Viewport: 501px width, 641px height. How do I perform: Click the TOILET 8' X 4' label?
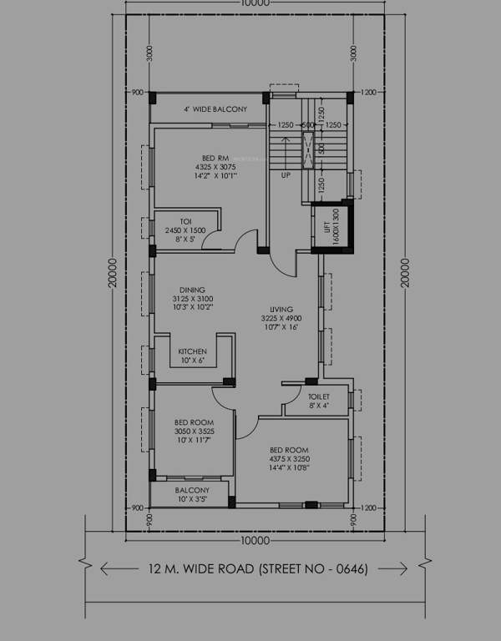point(319,401)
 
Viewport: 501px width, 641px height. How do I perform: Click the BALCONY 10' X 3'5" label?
point(192,495)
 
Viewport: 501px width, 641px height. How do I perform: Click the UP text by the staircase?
point(286,176)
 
